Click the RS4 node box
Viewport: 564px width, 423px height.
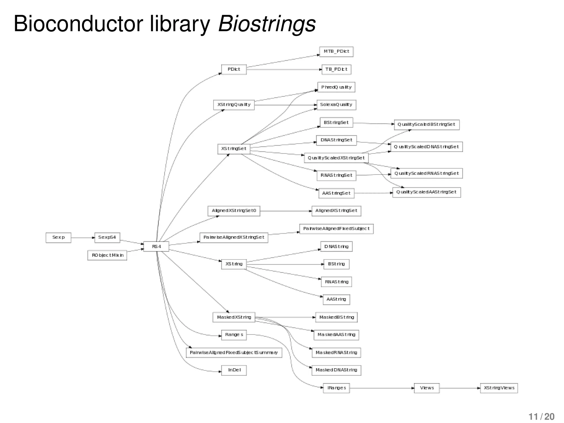tap(156, 246)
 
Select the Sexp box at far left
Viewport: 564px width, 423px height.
tap(58, 237)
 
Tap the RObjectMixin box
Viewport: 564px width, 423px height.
tap(107, 255)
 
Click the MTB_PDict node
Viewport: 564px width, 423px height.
tap(336, 51)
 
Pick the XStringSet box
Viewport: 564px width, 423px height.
tap(234, 149)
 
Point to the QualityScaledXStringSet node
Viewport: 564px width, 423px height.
tap(336, 158)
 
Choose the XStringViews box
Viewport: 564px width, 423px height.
tap(499, 388)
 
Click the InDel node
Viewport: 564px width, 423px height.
tap(234, 370)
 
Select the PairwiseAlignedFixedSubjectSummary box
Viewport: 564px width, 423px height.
tap(234, 353)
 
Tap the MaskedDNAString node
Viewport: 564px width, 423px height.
tap(336, 370)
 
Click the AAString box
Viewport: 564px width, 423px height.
tap(336, 299)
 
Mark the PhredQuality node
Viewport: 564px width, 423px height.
tap(336, 87)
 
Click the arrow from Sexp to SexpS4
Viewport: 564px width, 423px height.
tap(83, 237)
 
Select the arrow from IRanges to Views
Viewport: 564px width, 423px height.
tap(381, 388)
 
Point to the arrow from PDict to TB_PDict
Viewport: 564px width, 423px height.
tap(284, 69)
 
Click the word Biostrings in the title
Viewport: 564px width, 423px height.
tap(267, 24)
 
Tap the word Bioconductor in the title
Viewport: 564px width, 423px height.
tap(78, 24)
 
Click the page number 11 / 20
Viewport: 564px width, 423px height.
tap(541, 416)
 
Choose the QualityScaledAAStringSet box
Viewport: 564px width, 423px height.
tap(426, 192)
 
